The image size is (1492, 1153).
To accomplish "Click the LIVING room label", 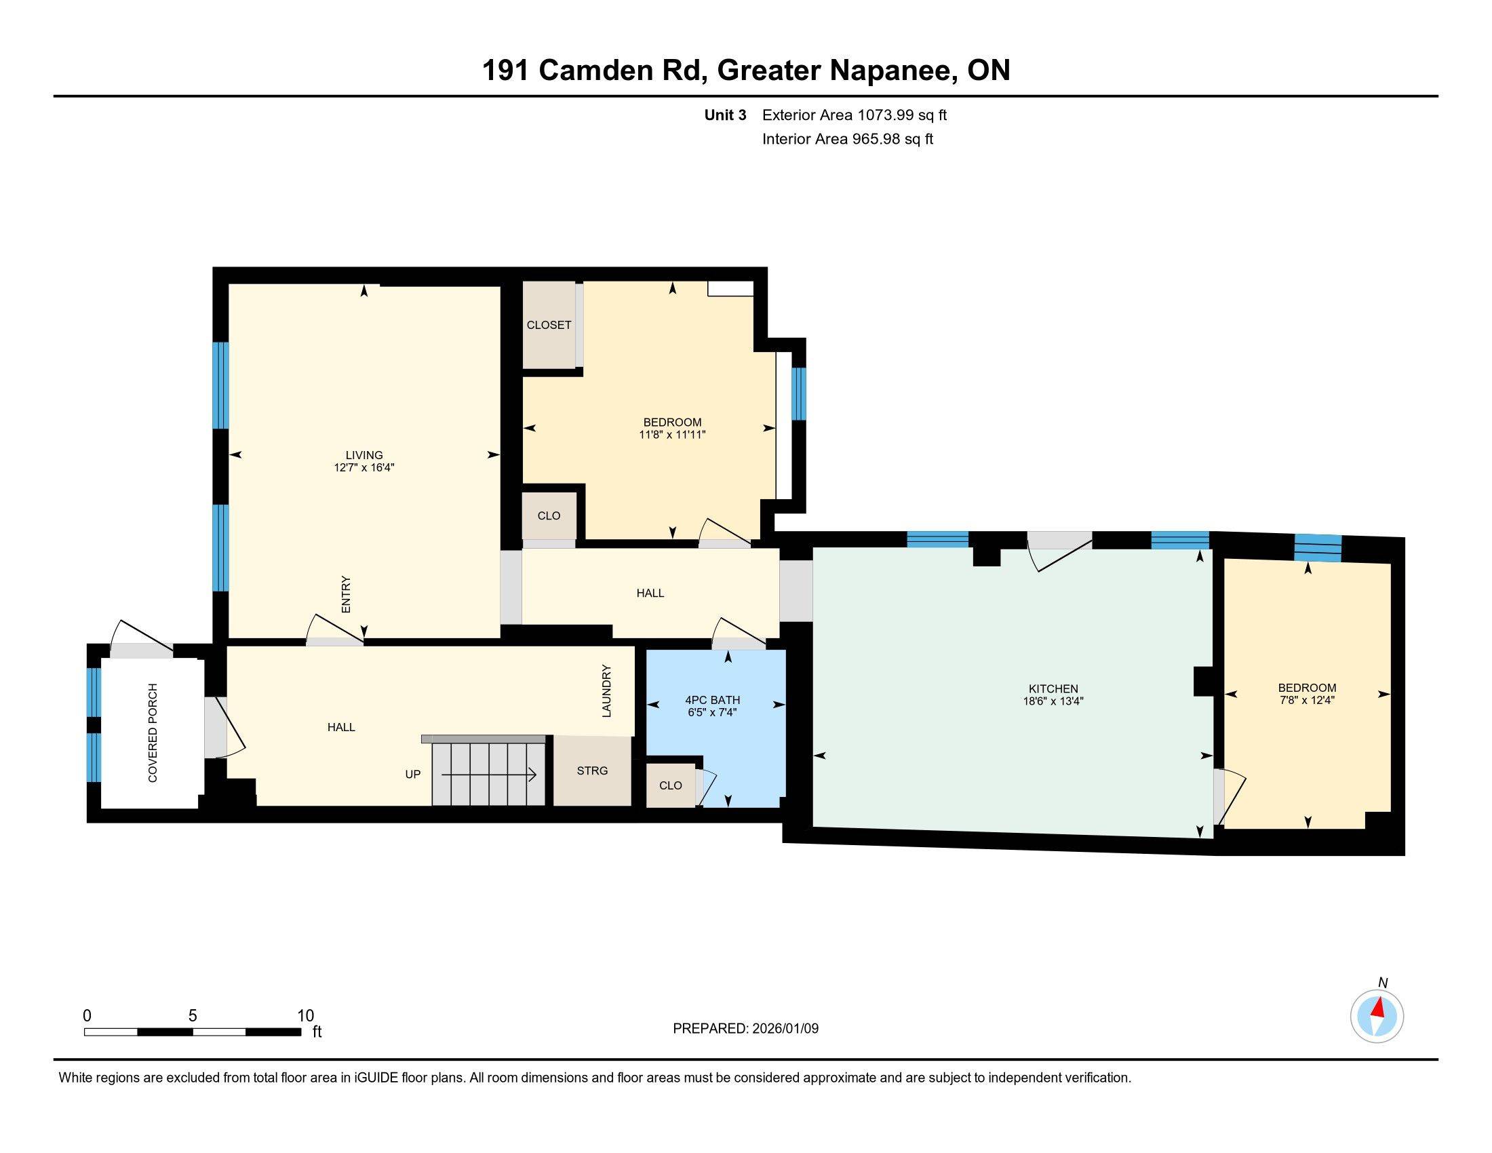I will [364, 455].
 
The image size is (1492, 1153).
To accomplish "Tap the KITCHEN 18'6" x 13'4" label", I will [1053, 695].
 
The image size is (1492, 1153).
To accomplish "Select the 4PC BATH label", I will [712, 700].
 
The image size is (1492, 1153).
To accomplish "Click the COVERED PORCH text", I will [153, 732].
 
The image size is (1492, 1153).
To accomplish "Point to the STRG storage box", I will [591, 770].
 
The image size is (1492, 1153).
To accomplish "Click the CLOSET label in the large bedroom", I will [549, 325].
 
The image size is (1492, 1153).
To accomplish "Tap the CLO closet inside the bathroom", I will [670, 785].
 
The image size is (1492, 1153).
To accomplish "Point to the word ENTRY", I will [346, 594].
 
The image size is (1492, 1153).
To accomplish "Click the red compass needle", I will [1379, 1007].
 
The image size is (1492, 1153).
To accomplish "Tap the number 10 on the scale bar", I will [305, 1016].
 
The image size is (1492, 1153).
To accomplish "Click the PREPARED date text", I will [745, 1029].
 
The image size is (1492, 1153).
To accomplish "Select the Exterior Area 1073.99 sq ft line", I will [854, 115].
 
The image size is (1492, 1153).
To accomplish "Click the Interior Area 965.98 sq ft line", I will [847, 139].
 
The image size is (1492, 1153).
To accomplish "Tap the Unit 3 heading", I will [725, 115].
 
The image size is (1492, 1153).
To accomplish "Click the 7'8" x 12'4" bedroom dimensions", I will [1306, 700].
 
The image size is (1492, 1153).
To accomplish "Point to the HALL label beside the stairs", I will [341, 728].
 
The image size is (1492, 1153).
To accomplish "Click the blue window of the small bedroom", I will [1318, 549].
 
